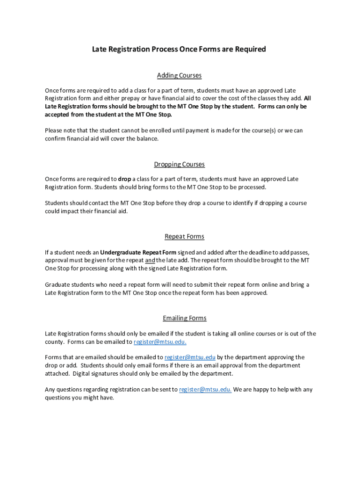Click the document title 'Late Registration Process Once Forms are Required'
click(x=179, y=49)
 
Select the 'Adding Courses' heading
click(x=179, y=75)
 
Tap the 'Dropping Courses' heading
click(x=180, y=164)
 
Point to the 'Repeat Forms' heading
click(x=184, y=236)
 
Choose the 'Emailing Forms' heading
click(x=184, y=318)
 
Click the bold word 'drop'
click(x=124, y=179)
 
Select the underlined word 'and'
click(x=150, y=260)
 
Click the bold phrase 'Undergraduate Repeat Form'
click(x=138, y=252)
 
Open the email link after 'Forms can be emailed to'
click(x=160, y=341)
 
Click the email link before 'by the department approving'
click(x=190, y=357)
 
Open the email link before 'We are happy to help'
click(x=205, y=389)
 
